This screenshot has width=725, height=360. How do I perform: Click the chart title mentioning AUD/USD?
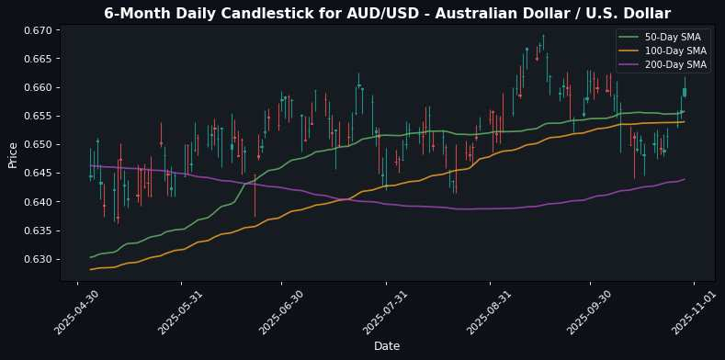point(387,13)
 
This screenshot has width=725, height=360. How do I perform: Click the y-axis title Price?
point(13,154)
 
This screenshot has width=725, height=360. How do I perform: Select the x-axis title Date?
point(387,345)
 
